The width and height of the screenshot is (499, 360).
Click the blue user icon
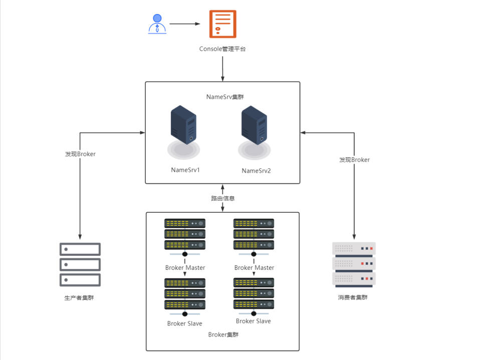(157, 24)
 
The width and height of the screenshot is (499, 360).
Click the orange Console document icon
(222, 24)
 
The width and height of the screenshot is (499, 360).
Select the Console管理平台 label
(222, 49)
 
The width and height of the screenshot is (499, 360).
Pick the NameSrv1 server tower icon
(183, 125)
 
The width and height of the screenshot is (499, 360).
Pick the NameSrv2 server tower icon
(254, 125)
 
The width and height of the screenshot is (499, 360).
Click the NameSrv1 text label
(185, 170)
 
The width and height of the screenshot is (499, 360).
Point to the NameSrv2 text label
(256, 171)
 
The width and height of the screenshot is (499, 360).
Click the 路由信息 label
(222, 198)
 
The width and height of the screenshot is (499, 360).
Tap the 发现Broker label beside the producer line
(80, 154)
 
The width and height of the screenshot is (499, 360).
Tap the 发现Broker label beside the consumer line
(354, 160)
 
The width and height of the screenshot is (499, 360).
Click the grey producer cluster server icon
(80, 264)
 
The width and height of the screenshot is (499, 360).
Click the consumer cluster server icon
(354, 264)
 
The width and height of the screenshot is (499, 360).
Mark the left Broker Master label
(185, 268)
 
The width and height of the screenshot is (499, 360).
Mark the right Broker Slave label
(254, 321)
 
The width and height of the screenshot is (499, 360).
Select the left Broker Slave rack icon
(185, 294)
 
